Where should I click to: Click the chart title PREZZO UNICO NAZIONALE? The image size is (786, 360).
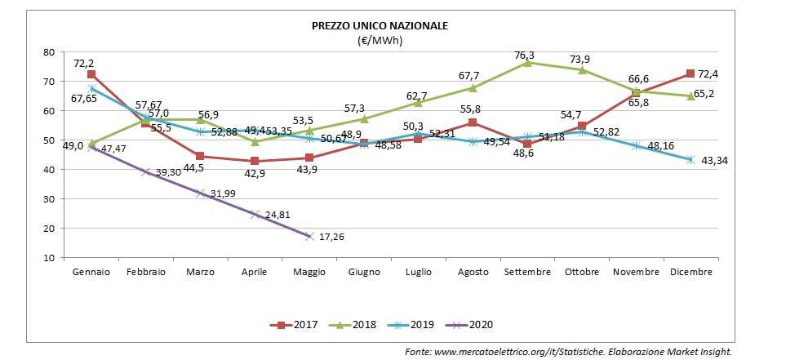[x=380, y=25]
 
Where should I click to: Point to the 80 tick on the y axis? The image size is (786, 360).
[x=48, y=52]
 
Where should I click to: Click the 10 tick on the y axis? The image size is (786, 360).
[x=48, y=258]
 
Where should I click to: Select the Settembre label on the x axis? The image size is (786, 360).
[x=527, y=272]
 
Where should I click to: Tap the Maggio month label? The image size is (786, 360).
[x=309, y=272]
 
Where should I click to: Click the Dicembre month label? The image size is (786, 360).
[x=691, y=272]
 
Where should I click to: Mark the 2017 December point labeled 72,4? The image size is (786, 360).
[x=691, y=74]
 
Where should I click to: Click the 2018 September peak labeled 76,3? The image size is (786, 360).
[x=527, y=62]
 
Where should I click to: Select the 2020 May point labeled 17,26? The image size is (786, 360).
[x=309, y=236]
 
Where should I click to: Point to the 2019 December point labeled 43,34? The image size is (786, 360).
[x=691, y=159]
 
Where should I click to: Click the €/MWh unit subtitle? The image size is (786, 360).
[x=380, y=40]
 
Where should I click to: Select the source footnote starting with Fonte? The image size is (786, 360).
[x=569, y=351]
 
